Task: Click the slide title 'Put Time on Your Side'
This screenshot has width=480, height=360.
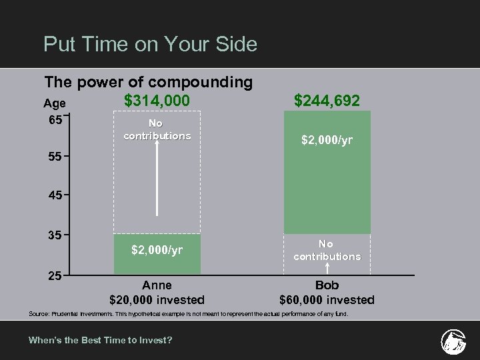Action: click(150, 45)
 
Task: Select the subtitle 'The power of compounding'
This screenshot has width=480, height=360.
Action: click(148, 82)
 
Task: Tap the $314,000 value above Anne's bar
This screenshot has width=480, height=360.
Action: click(157, 101)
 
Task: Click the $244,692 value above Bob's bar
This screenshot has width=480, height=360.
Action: click(327, 101)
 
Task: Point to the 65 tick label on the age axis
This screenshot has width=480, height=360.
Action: click(55, 120)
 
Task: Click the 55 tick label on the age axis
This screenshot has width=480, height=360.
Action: click(55, 157)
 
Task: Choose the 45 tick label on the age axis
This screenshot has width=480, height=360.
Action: click(55, 196)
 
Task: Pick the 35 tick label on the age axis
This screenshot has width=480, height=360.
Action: click(55, 235)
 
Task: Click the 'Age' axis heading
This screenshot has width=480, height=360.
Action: click(55, 103)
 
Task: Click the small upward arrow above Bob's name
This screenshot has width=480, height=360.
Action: click(327, 269)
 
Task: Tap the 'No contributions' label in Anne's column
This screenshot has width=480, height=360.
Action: click(157, 129)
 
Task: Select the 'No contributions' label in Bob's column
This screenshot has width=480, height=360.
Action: click(327, 250)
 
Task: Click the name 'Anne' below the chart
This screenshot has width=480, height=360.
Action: click(157, 285)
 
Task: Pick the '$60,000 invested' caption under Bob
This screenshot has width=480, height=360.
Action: click(327, 299)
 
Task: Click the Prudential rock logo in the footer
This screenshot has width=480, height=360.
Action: click(453, 341)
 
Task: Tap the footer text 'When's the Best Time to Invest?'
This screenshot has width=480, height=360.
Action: click(100, 340)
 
